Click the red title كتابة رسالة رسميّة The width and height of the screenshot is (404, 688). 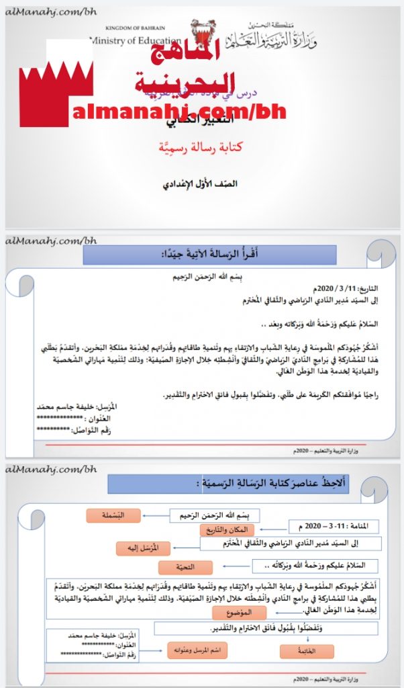201,148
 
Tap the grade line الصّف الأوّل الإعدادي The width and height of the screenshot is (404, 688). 202,183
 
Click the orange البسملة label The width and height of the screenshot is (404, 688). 113,516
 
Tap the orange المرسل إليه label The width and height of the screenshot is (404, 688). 142,547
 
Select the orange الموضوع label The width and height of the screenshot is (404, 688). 239,613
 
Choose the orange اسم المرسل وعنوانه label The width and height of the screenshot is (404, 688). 197,650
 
